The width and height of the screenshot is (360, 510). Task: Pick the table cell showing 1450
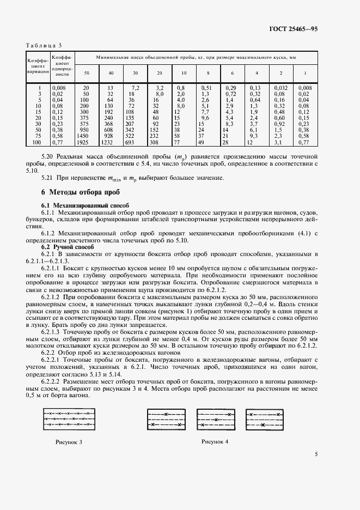coord(83,135)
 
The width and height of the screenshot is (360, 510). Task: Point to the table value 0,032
coord(280,87)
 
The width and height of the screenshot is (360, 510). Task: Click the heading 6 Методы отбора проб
coord(78,192)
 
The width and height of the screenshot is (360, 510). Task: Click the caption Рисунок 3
coord(69,441)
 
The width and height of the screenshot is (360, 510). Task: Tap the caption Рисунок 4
coord(215,441)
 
